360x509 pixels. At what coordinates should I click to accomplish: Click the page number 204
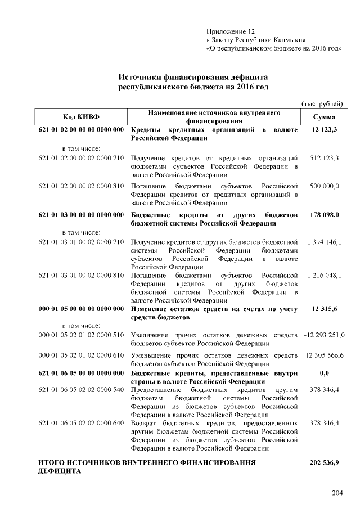tap(337, 493)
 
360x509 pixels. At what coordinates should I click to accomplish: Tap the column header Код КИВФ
tap(80, 117)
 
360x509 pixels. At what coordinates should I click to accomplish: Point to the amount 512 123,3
tap(324, 159)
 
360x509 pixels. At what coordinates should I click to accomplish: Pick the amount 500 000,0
tap(324, 186)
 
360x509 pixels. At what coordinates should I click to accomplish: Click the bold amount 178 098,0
tap(324, 215)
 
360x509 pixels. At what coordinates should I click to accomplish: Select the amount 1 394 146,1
tap(325, 242)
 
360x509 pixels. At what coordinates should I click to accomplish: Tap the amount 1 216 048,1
tap(325, 276)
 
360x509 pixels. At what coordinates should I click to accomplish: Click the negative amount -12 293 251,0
tap(324, 336)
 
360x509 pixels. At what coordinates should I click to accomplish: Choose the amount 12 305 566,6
tap(325, 355)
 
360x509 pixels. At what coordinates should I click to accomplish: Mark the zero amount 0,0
tap(324, 373)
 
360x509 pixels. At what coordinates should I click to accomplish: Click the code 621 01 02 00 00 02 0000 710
tap(80, 159)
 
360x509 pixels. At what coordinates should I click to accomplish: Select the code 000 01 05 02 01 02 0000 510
tap(80, 336)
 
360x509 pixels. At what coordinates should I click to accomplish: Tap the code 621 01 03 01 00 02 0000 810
tap(80, 276)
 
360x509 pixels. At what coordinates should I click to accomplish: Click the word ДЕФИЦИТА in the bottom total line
tap(60, 471)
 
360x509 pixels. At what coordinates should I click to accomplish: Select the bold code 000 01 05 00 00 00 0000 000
tap(80, 309)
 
